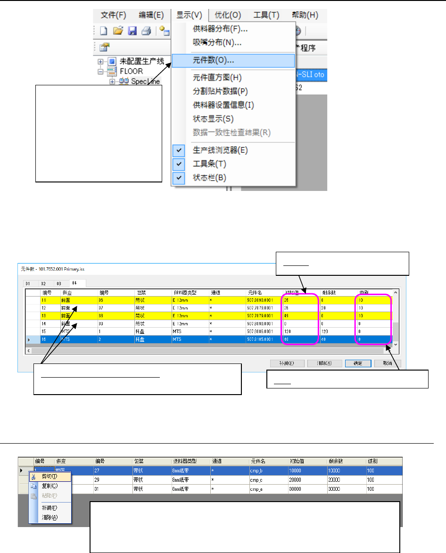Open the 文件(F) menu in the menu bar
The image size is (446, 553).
pyautogui.click(x=114, y=15)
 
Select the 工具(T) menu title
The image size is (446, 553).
pyautogui.click(x=266, y=15)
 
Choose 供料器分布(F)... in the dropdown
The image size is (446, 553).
pyautogui.click(x=220, y=29)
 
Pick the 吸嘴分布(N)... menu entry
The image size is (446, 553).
pyautogui.click(x=217, y=43)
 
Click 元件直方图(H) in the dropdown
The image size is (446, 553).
pyautogui.click(x=217, y=77)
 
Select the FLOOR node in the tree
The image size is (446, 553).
pyautogui.click(x=118, y=71)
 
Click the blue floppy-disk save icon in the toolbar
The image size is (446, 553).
pyautogui.click(x=132, y=31)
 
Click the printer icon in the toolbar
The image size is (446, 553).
pyautogui.click(x=146, y=31)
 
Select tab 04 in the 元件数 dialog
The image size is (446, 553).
pyautogui.click(x=74, y=283)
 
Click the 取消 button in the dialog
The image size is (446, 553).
pyautogui.click(x=388, y=363)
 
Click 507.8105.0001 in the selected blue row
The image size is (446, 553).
pyautogui.click(x=261, y=338)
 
